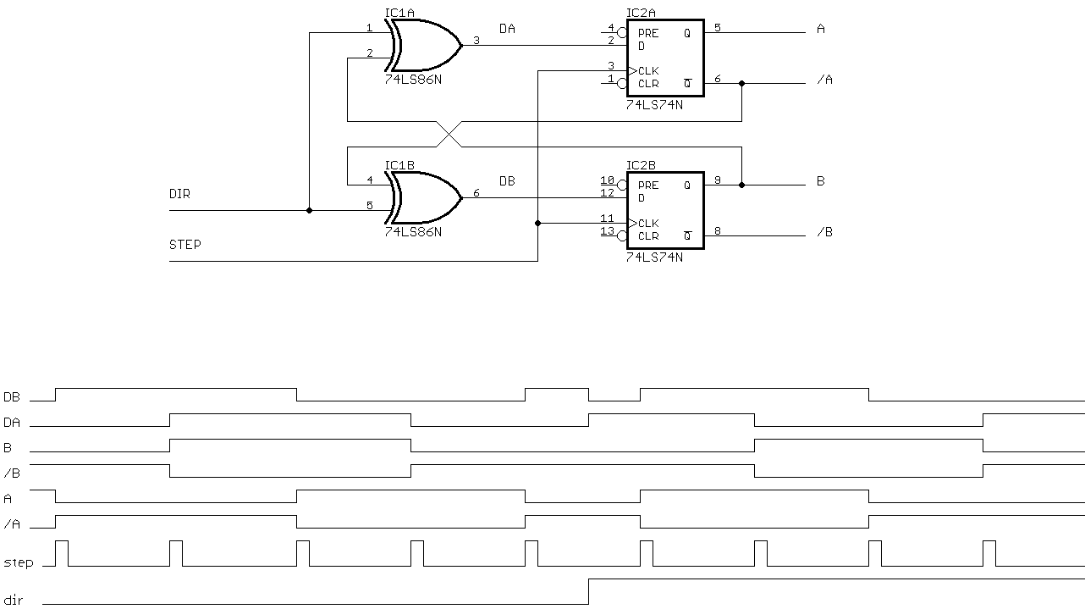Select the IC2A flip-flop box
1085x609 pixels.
click(x=665, y=58)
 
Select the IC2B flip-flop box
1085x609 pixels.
click(x=665, y=210)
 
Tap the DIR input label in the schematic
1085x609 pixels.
click(x=179, y=194)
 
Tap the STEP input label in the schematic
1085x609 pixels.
click(x=185, y=245)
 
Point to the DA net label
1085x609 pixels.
click(x=507, y=29)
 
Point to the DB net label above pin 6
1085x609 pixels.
click(x=507, y=181)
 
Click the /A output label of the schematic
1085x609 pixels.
click(x=824, y=80)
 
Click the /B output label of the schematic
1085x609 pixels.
click(x=824, y=232)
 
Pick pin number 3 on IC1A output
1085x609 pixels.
click(x=476, y=40)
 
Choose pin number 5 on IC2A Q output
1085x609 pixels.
click(x=718, y=28)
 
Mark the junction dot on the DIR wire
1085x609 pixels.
click(x=309, y=210)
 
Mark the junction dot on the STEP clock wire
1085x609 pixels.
click(x=538, y=223)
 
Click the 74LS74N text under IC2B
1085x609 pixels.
click(x=654, y=257)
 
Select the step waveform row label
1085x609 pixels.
click(x=18, y=562)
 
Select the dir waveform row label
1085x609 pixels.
click(x=14, y=601)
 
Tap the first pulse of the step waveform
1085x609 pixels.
click(x=62, y=553)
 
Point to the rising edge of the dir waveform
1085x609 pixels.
click(x=588, y=591)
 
